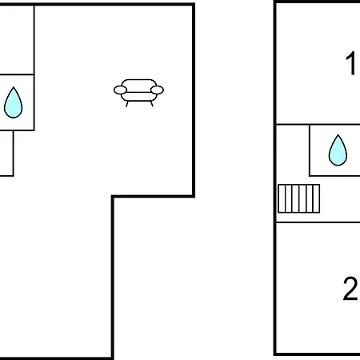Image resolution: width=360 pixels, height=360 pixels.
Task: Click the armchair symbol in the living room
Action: [x=138, y=93]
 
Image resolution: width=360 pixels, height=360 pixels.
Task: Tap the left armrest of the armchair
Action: [x=120, y=90]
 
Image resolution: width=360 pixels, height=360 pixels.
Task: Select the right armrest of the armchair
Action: [x=157, y=90]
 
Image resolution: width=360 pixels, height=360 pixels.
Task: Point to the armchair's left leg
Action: [x=127, y=104]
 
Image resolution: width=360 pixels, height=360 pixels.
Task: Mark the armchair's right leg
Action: [x=152, y=104]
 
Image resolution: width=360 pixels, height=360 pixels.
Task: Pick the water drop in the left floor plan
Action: [x=14, y=102]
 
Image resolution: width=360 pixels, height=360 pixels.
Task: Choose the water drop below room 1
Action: [x=338, y=150]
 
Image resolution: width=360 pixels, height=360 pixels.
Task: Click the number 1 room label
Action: [x=351, y=63]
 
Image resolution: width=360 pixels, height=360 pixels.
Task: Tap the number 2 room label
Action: [x=350, y=289]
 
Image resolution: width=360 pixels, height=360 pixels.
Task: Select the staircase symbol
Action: [x=298, y=198]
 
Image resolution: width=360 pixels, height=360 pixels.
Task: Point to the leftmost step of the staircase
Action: [x=282, y=198]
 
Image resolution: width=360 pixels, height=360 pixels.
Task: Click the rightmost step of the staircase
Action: [x=316, y=198]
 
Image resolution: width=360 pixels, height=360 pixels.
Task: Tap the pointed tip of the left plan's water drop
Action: [x=14, y=87]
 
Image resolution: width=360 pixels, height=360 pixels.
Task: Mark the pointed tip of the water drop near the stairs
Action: [x=338, y=135]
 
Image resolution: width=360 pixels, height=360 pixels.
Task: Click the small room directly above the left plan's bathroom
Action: [x=17, y=39]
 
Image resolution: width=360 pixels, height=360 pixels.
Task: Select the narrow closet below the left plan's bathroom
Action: [x=6, y=153]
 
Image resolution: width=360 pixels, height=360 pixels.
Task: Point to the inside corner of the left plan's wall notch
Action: [x=113, y=197]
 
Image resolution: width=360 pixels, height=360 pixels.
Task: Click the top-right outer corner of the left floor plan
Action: [x=194, y=4]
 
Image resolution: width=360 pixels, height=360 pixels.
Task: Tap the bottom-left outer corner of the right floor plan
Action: [x=274, y=354]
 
